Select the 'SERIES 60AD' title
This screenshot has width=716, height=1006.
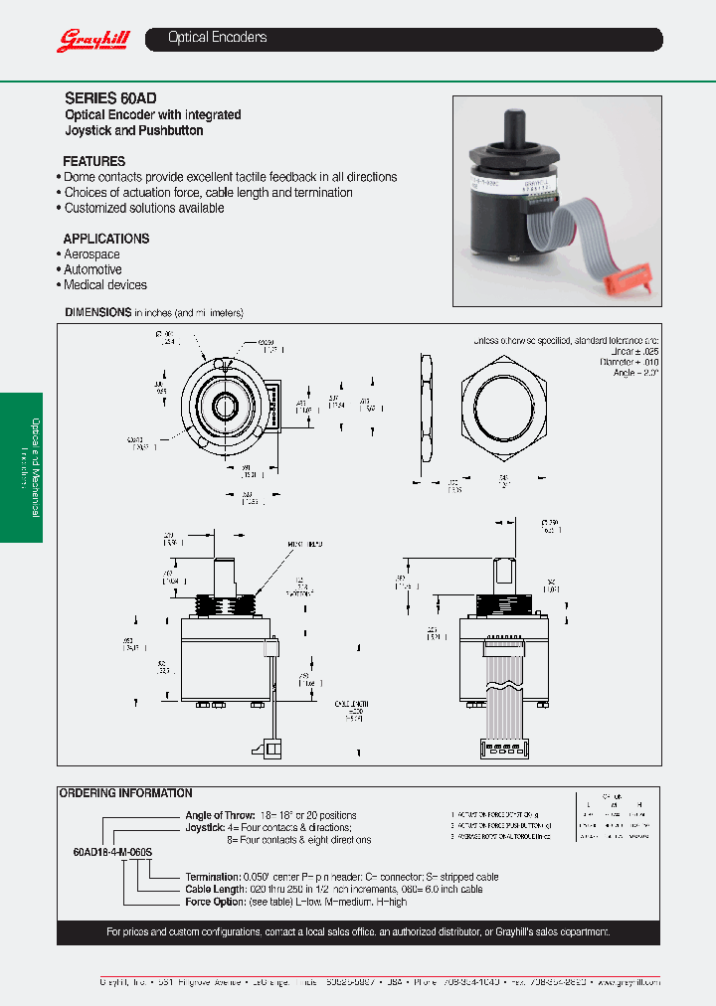pos(110,98)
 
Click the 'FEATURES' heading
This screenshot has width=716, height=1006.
pos(93,161)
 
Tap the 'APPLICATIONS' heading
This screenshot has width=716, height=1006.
pos(106,239)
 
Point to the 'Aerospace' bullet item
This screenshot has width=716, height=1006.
pos(91,254)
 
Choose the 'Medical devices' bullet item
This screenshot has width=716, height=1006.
pos(104,285)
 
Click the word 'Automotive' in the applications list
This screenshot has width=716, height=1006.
pos(92,269)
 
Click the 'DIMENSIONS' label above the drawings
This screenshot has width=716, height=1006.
pos(97,312)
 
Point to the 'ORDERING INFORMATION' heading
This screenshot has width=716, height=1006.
pos(126,793)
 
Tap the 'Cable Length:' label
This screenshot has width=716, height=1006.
pos(216,890)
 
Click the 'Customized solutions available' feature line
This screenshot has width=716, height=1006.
pos(144,208)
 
